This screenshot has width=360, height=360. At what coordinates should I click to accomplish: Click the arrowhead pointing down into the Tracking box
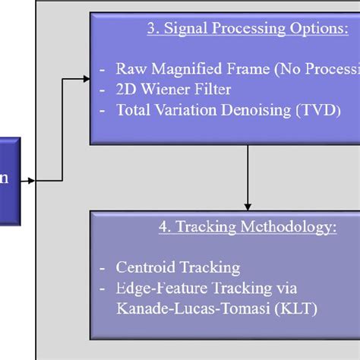click(247, 205)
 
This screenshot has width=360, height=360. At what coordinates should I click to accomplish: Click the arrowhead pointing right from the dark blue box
click(31, 181)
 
